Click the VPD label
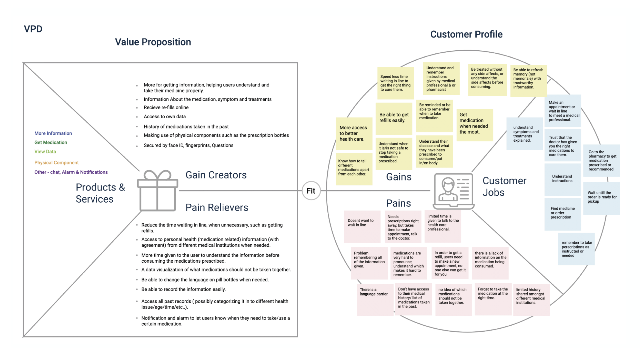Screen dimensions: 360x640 click(x=33, y=29)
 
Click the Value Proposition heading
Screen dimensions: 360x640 click(x=153, y=42)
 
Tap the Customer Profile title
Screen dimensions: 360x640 click(x=466, y=34)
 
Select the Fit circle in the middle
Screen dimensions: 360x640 click(x=311, y=191)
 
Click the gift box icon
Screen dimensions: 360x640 click(x=157, y=191)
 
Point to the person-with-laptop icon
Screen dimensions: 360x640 click(x=453, y=191)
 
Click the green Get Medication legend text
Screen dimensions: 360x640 click(x=51, y=142)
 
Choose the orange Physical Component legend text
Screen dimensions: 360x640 click(x=56, y=163)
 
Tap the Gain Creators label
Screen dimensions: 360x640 click(x=216, y=175)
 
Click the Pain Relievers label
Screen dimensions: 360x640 click(x=217, y=207)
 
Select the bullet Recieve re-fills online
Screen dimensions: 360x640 click(x=166, y=107)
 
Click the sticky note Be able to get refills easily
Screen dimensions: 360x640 click(x=394, y=118)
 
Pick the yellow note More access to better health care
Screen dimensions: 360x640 click(x=353, y=133)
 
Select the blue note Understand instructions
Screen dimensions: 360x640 click(x=562, y=179)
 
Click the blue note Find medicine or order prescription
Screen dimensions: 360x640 click(x=562, y=213)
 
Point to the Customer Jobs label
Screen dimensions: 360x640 click(x=504, y=186)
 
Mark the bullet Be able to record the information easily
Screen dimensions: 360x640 click(x=183, y=289)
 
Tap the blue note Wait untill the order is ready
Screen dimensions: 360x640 click(x=602, y=197)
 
